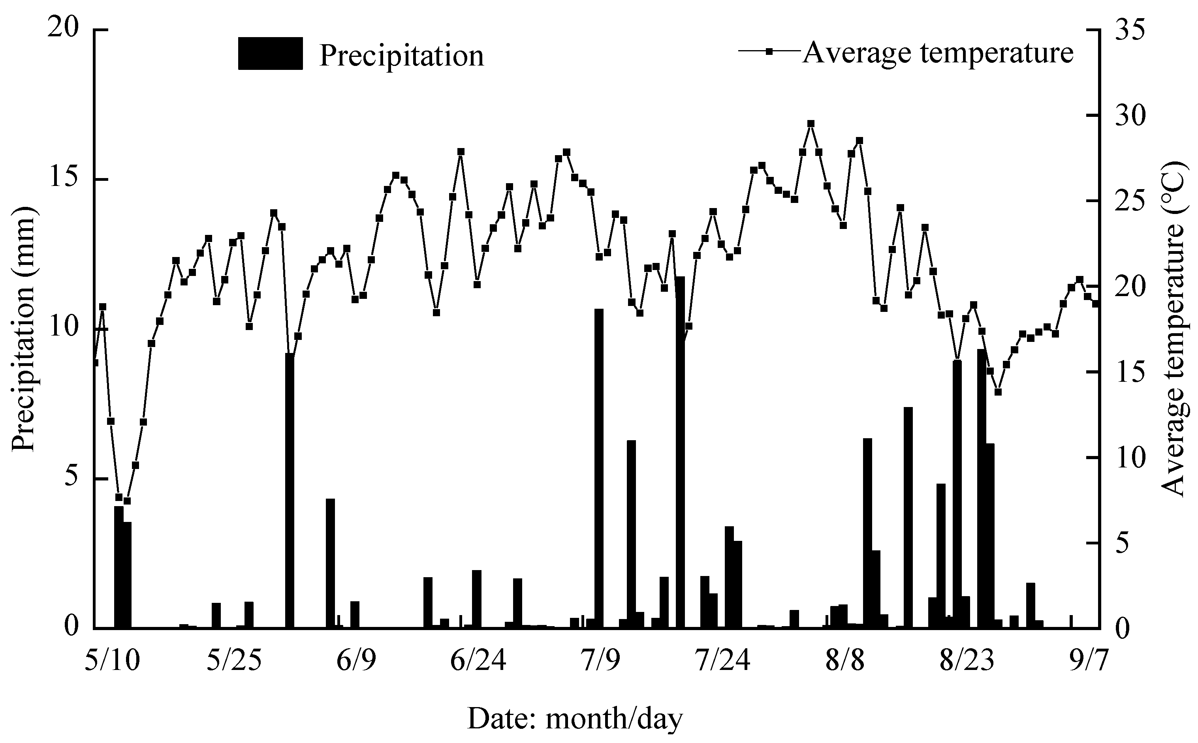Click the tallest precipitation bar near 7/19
(x=680, y=452)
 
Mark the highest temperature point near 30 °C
(x=811, y=124)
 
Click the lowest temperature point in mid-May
(x=127, y=501)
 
